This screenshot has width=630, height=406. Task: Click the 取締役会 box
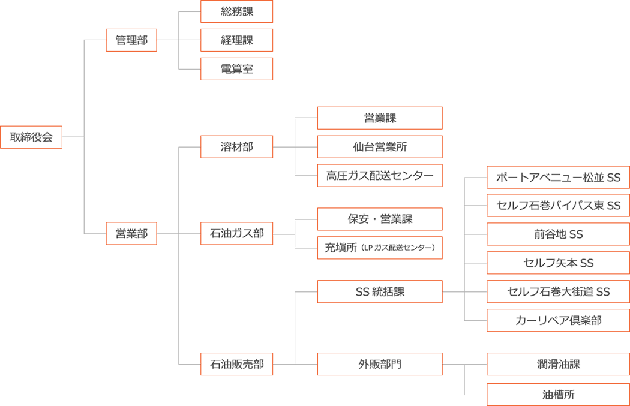coord(31,137)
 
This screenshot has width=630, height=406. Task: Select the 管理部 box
coord(131,40)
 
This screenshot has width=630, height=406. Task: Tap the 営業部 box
coord(131,233)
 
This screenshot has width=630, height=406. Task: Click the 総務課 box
coord(236,11)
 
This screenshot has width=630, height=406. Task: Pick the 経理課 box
coord(236,40)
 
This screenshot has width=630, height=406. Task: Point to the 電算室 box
coord(236,69)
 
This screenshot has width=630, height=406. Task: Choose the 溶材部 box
coord(236,147)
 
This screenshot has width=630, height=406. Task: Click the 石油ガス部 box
coord(236,233)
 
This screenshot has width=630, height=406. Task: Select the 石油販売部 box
coord(236,364)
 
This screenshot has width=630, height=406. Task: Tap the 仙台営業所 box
coord(380,147)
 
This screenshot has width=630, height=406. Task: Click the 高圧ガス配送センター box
coord(380,176)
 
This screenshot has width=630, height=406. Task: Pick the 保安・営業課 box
coord(380,219)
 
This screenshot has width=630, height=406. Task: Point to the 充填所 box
coord(380,248)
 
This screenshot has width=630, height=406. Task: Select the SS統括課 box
coord(380,292)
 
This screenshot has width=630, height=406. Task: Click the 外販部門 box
coord(380,364)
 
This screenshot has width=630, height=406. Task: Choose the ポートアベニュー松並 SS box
coord(558,178)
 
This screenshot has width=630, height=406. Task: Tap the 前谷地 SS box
coord(558,234)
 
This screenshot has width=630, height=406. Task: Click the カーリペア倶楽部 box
coord(558,321)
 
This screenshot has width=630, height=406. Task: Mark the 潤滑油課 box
coord(558,364)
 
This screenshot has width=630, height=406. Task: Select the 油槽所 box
coord(558,395)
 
